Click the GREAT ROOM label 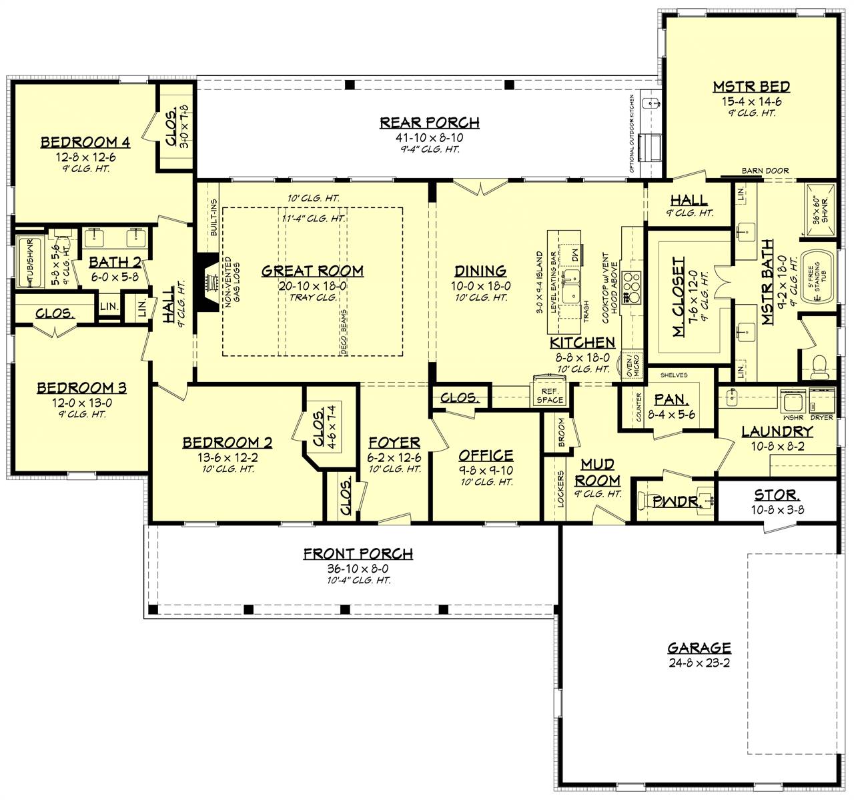[x=312, y=271]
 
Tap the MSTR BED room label [x=751, y=87]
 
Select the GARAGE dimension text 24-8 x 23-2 [x=699, y=664]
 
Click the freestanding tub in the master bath [x=817, y=277]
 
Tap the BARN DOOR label [x=765, y=171]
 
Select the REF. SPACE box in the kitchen [x=550, y=395]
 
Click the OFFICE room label [x=486, y=455]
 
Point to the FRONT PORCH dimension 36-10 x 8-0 [x=358, y=568]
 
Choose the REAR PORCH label [x=429, y=123]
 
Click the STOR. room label [x=777, y=495]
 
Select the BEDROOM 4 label [x=85, y=142]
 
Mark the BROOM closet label [x=561, y=433]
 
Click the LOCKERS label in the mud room [x=561, y=489]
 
